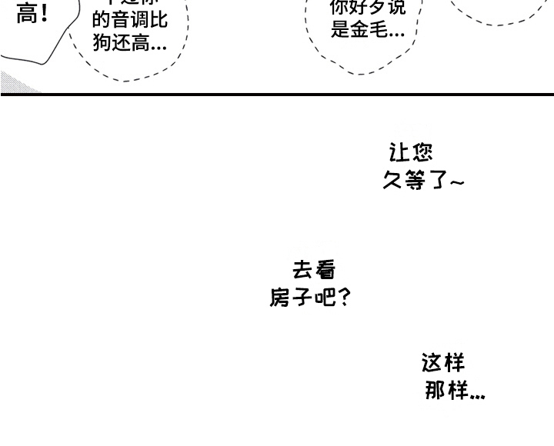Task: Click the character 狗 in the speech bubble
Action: (102, 43)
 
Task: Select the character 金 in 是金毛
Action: (359, 31)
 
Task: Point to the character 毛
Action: (378, 31)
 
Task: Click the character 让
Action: (401, 151)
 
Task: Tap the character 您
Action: (422, 151)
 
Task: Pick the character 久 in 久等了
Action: (394, 181)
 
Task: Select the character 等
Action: (416, 181)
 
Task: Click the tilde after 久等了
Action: (457, 183)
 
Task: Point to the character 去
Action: (303, 269)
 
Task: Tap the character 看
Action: (325, 269)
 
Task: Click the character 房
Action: (280, 298)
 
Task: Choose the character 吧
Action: (325, 298)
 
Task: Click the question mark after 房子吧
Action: (344, 298)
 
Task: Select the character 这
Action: (432, 361)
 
